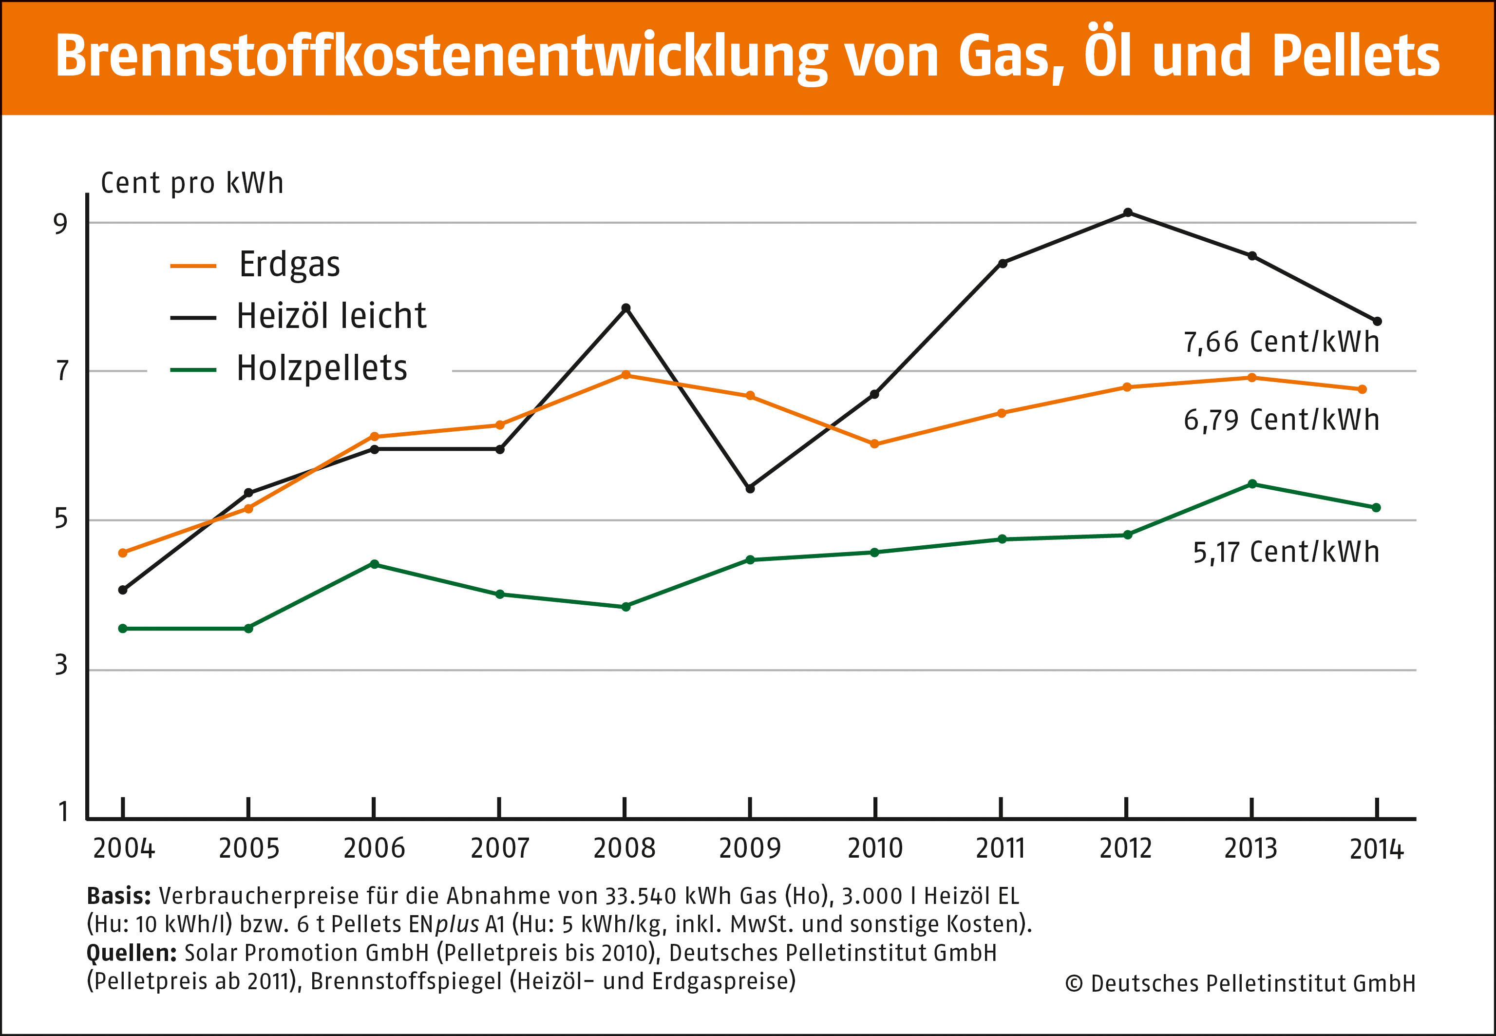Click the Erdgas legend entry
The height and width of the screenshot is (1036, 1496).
(x=289, y=264)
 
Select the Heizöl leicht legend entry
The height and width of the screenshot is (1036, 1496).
(x=330, y=316)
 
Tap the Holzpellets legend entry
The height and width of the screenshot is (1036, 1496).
(x=321, y=368)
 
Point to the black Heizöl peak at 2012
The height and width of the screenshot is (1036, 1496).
(x=1128, y=212)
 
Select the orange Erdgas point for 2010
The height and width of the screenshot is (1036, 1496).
(x=874, y=444)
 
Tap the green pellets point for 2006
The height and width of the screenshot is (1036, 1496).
(x=374, y=564)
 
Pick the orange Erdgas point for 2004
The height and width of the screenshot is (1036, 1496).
(x=123, y=553)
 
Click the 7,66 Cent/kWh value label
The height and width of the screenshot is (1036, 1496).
(x=1281, y=342)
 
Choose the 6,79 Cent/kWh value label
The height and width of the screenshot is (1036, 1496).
(x=1281, y=420)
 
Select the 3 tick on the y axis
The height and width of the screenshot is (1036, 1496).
(x=61, y=665)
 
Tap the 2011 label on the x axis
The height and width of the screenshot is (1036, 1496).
(x=1000, y=848)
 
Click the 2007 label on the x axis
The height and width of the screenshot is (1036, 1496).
(x=499, y=848)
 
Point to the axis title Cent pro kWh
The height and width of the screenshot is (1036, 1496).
(x=192, y=183)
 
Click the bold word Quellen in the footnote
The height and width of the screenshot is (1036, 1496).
(x=131, y=953)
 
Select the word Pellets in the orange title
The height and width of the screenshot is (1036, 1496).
(x=1356, y=56)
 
